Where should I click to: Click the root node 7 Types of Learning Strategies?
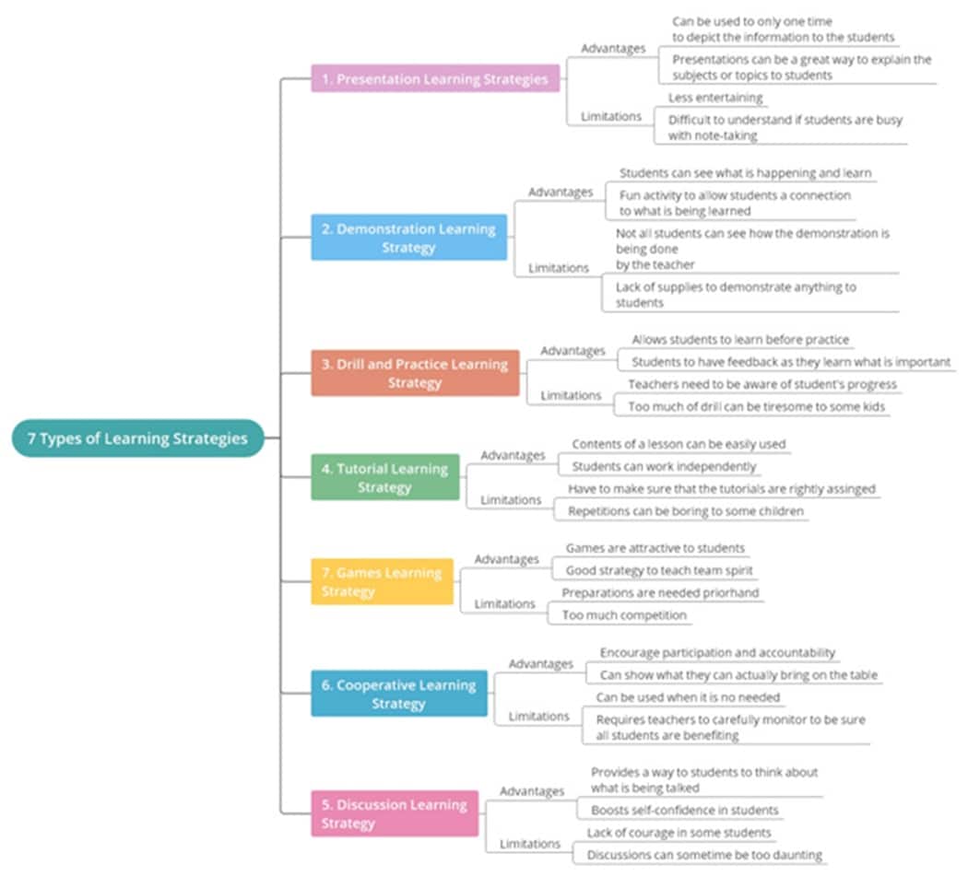tap(137, 438)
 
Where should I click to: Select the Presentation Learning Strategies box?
tap(435, 79)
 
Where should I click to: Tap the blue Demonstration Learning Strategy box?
tap(408, 238)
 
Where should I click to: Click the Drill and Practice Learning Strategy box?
tap(415, 373)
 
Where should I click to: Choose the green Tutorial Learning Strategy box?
tap(384, 477)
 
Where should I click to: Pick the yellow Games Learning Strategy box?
tap(382, 581)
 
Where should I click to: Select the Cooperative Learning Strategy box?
tap(398, 694)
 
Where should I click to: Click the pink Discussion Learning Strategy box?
tap(395, 813)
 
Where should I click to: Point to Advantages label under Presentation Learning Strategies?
tap(613, 48)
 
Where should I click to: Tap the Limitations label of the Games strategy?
tap(504, 603)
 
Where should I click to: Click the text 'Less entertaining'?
tap(715, 98)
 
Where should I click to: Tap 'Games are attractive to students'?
tap(655, 548)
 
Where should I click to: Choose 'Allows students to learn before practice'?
tap(740, 340)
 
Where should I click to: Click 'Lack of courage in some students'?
tap(679, 833)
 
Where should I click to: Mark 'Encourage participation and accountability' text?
tap(717, 652)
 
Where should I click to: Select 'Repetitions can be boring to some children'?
tap(685, 511)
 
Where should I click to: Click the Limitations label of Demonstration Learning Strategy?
tap(558, 267)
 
